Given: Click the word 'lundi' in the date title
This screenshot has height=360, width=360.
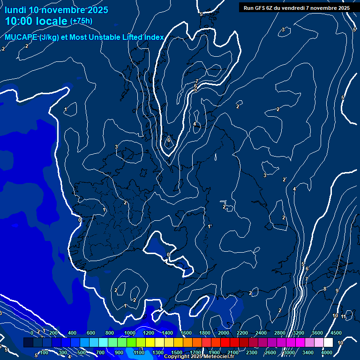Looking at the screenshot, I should [x=15, y=10].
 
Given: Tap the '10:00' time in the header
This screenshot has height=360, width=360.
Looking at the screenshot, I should [x=20, y=21].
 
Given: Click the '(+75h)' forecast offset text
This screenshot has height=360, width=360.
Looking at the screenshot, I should [x=81, y=21].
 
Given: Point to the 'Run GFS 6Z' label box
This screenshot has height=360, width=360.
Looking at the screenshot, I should [x=297, y=7].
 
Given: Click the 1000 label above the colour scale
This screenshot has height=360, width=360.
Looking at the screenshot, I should [x=130, y=333].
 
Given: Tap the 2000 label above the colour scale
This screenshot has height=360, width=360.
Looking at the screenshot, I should [x=223, y=333].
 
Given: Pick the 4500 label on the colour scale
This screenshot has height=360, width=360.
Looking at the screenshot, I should [x=336, y=333].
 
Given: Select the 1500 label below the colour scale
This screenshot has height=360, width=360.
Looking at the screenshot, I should [x=177, y=352].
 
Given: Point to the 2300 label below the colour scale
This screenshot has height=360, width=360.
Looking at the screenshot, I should [x=251, y=352].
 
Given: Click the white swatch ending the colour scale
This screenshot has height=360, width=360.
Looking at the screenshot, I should [x=328, y=343].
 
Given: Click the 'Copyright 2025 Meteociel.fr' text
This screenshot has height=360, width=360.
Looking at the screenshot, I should [x=199, y=357].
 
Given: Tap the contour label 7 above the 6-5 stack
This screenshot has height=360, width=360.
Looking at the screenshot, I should [x=196, y=81].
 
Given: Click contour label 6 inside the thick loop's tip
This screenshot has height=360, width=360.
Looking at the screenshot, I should [x=169, y=140].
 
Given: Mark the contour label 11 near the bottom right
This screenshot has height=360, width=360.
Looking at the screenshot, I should [x=344, y=317].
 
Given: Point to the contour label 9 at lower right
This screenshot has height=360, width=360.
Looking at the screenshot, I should [x=337, y=291].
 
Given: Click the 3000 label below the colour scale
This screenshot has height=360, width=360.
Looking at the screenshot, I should [x=289, y=352].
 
